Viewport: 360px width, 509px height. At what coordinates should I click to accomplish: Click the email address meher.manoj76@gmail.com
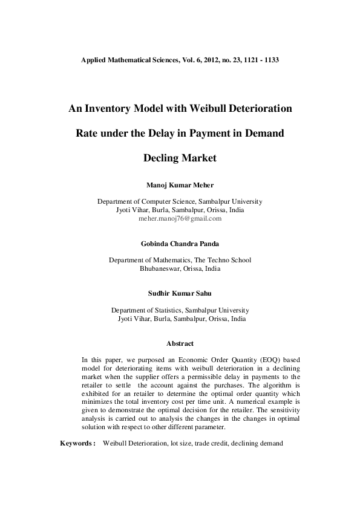pyautogui.click(x=180, y=219)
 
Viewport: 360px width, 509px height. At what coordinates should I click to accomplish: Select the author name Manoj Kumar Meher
pyautogui.click(x=180, y=185)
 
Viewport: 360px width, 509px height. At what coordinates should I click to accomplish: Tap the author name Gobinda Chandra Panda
pyautogui.click(x=180, y=244)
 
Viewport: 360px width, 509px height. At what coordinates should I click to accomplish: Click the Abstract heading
pyautogui.click(x=180, y=344)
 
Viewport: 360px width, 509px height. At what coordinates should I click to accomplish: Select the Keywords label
pyautogui.click(x=77, y=444)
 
